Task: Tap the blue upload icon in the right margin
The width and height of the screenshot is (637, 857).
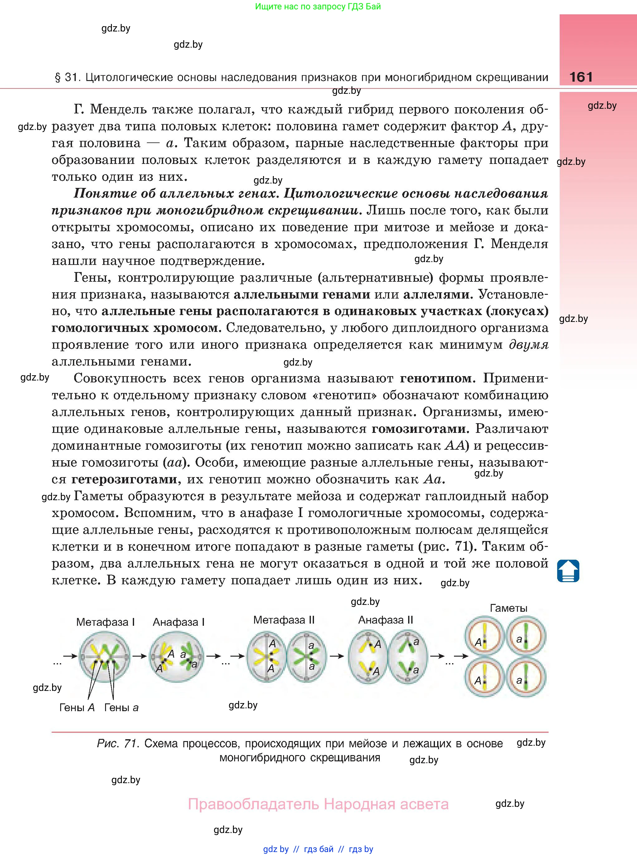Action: [x=568, y=571]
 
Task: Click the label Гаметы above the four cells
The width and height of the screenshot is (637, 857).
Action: [x=508, y=608]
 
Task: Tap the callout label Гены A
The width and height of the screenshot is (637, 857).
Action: [x=77, y=707]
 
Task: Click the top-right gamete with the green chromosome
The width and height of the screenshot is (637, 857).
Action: [x=526, y=637]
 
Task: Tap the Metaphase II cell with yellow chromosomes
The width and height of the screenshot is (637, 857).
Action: [x=266, y=656]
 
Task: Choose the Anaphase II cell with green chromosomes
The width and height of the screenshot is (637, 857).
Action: [x=408, y=656]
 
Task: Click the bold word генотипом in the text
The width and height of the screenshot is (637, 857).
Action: [x=436, y=378]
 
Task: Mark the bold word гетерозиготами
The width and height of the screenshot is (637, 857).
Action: [x=124, y=479]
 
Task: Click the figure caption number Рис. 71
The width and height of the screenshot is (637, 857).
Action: [x=118, y=743]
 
